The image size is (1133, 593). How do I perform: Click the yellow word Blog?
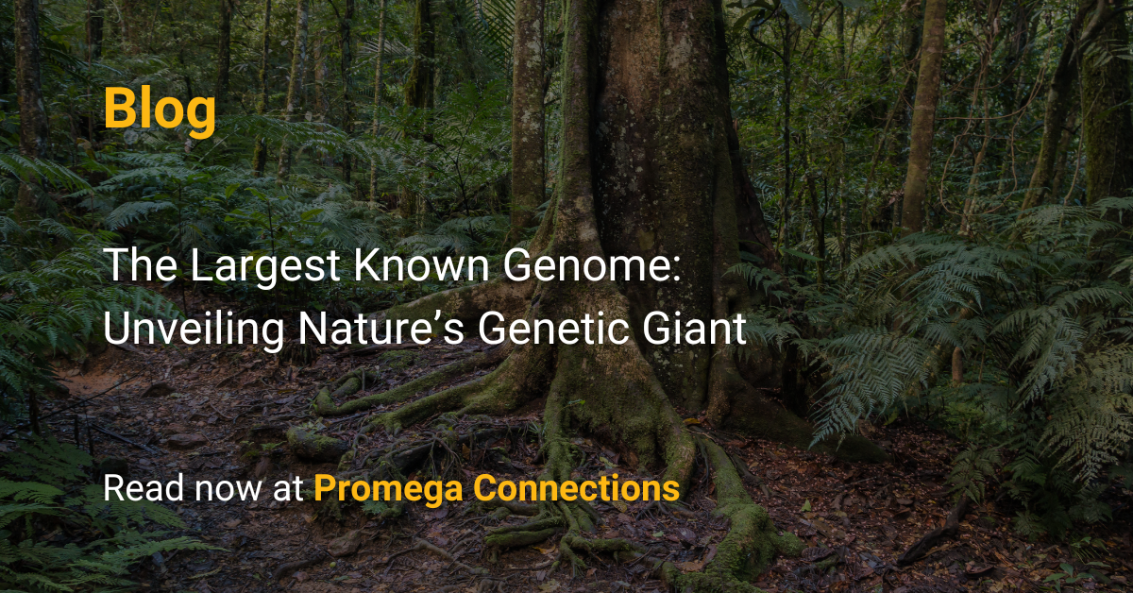click(160, 108)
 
